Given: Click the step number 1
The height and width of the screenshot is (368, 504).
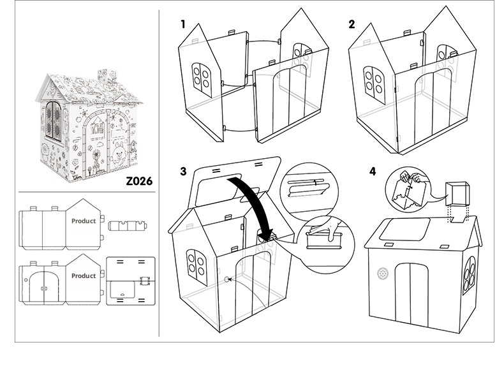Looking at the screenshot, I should coord(183,24).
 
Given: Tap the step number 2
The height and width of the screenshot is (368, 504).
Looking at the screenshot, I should coord(352,24).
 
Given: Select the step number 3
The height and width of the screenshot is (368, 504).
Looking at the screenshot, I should coord(184,171).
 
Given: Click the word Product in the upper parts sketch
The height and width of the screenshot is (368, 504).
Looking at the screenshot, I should coord(84,221).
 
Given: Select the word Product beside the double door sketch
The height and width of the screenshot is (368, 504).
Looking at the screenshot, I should coord(84,276).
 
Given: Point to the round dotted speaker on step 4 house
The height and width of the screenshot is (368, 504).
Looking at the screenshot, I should coord(382,273).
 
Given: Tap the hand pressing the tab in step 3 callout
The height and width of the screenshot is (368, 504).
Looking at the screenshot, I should coord(323,228).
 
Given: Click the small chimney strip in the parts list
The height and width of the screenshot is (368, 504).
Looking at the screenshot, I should coord(129,226).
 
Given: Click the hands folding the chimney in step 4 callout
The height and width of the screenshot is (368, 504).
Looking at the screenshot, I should coord(406,185).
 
